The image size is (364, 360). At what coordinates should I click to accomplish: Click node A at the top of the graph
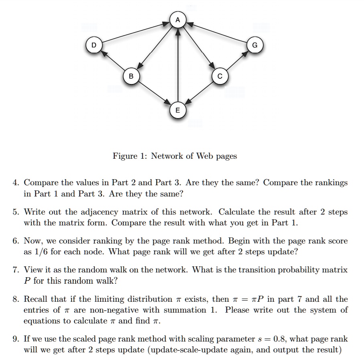click(178, 20)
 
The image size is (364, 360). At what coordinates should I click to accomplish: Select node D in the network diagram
click(94, 45)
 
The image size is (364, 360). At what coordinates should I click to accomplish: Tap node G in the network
click(255, 45)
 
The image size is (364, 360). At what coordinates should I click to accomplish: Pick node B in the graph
click(131, 75)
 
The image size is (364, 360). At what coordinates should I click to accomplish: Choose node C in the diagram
click(220, 75)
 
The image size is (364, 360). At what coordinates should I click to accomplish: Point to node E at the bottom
click(178, 109)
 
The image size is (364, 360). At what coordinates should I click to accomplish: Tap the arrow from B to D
click(112, 61)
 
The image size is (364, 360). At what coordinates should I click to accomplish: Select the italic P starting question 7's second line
click(27, 281)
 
